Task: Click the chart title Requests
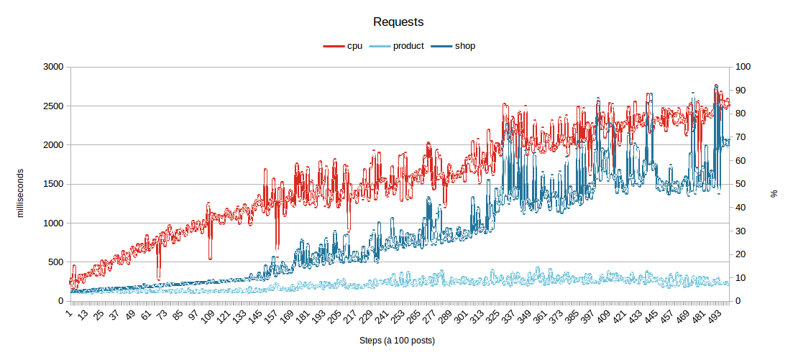coord(398,22)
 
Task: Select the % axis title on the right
coord(774,193)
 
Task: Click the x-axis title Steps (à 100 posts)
coord(398,340)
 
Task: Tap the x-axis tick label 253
coord(396,316)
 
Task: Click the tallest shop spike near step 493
coord(716,86)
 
